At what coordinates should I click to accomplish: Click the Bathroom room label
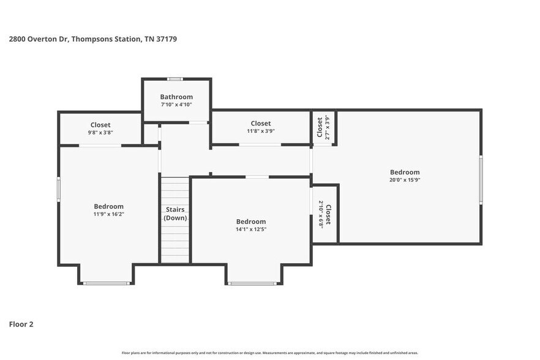pyautogui.click(x=176, y=97)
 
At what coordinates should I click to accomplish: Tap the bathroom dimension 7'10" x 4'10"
pyautogui.click(x=176, y=105)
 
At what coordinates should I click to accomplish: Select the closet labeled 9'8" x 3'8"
pyautogui.click(x=100, y=129)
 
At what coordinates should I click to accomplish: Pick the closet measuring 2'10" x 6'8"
pyautogui.click(x=324, y=214)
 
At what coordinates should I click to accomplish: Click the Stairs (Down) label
pyautogui.click(x=176, y=214)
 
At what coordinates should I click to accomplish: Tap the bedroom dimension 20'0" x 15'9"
pyautogui.click(x=405, y=180)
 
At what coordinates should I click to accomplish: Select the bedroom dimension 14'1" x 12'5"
pyautogui.click(x=251, y=229)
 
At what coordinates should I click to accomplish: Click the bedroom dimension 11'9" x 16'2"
pyautogui.click(x=108, y=214)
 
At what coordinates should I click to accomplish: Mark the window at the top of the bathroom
pyautogui.click(x=176, y=78)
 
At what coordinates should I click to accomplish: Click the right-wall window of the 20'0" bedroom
pyautogui.click(x=481, y=179)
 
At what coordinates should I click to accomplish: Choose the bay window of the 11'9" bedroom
pyautogui.click(x=107, y=283)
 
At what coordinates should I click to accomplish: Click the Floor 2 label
pyautogui.click(x=21, y=324)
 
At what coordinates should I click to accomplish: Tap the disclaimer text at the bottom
pyautogui.click(x=270, y=353)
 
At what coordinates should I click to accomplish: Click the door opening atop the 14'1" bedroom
pyautogui.click(x=257, y=177)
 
